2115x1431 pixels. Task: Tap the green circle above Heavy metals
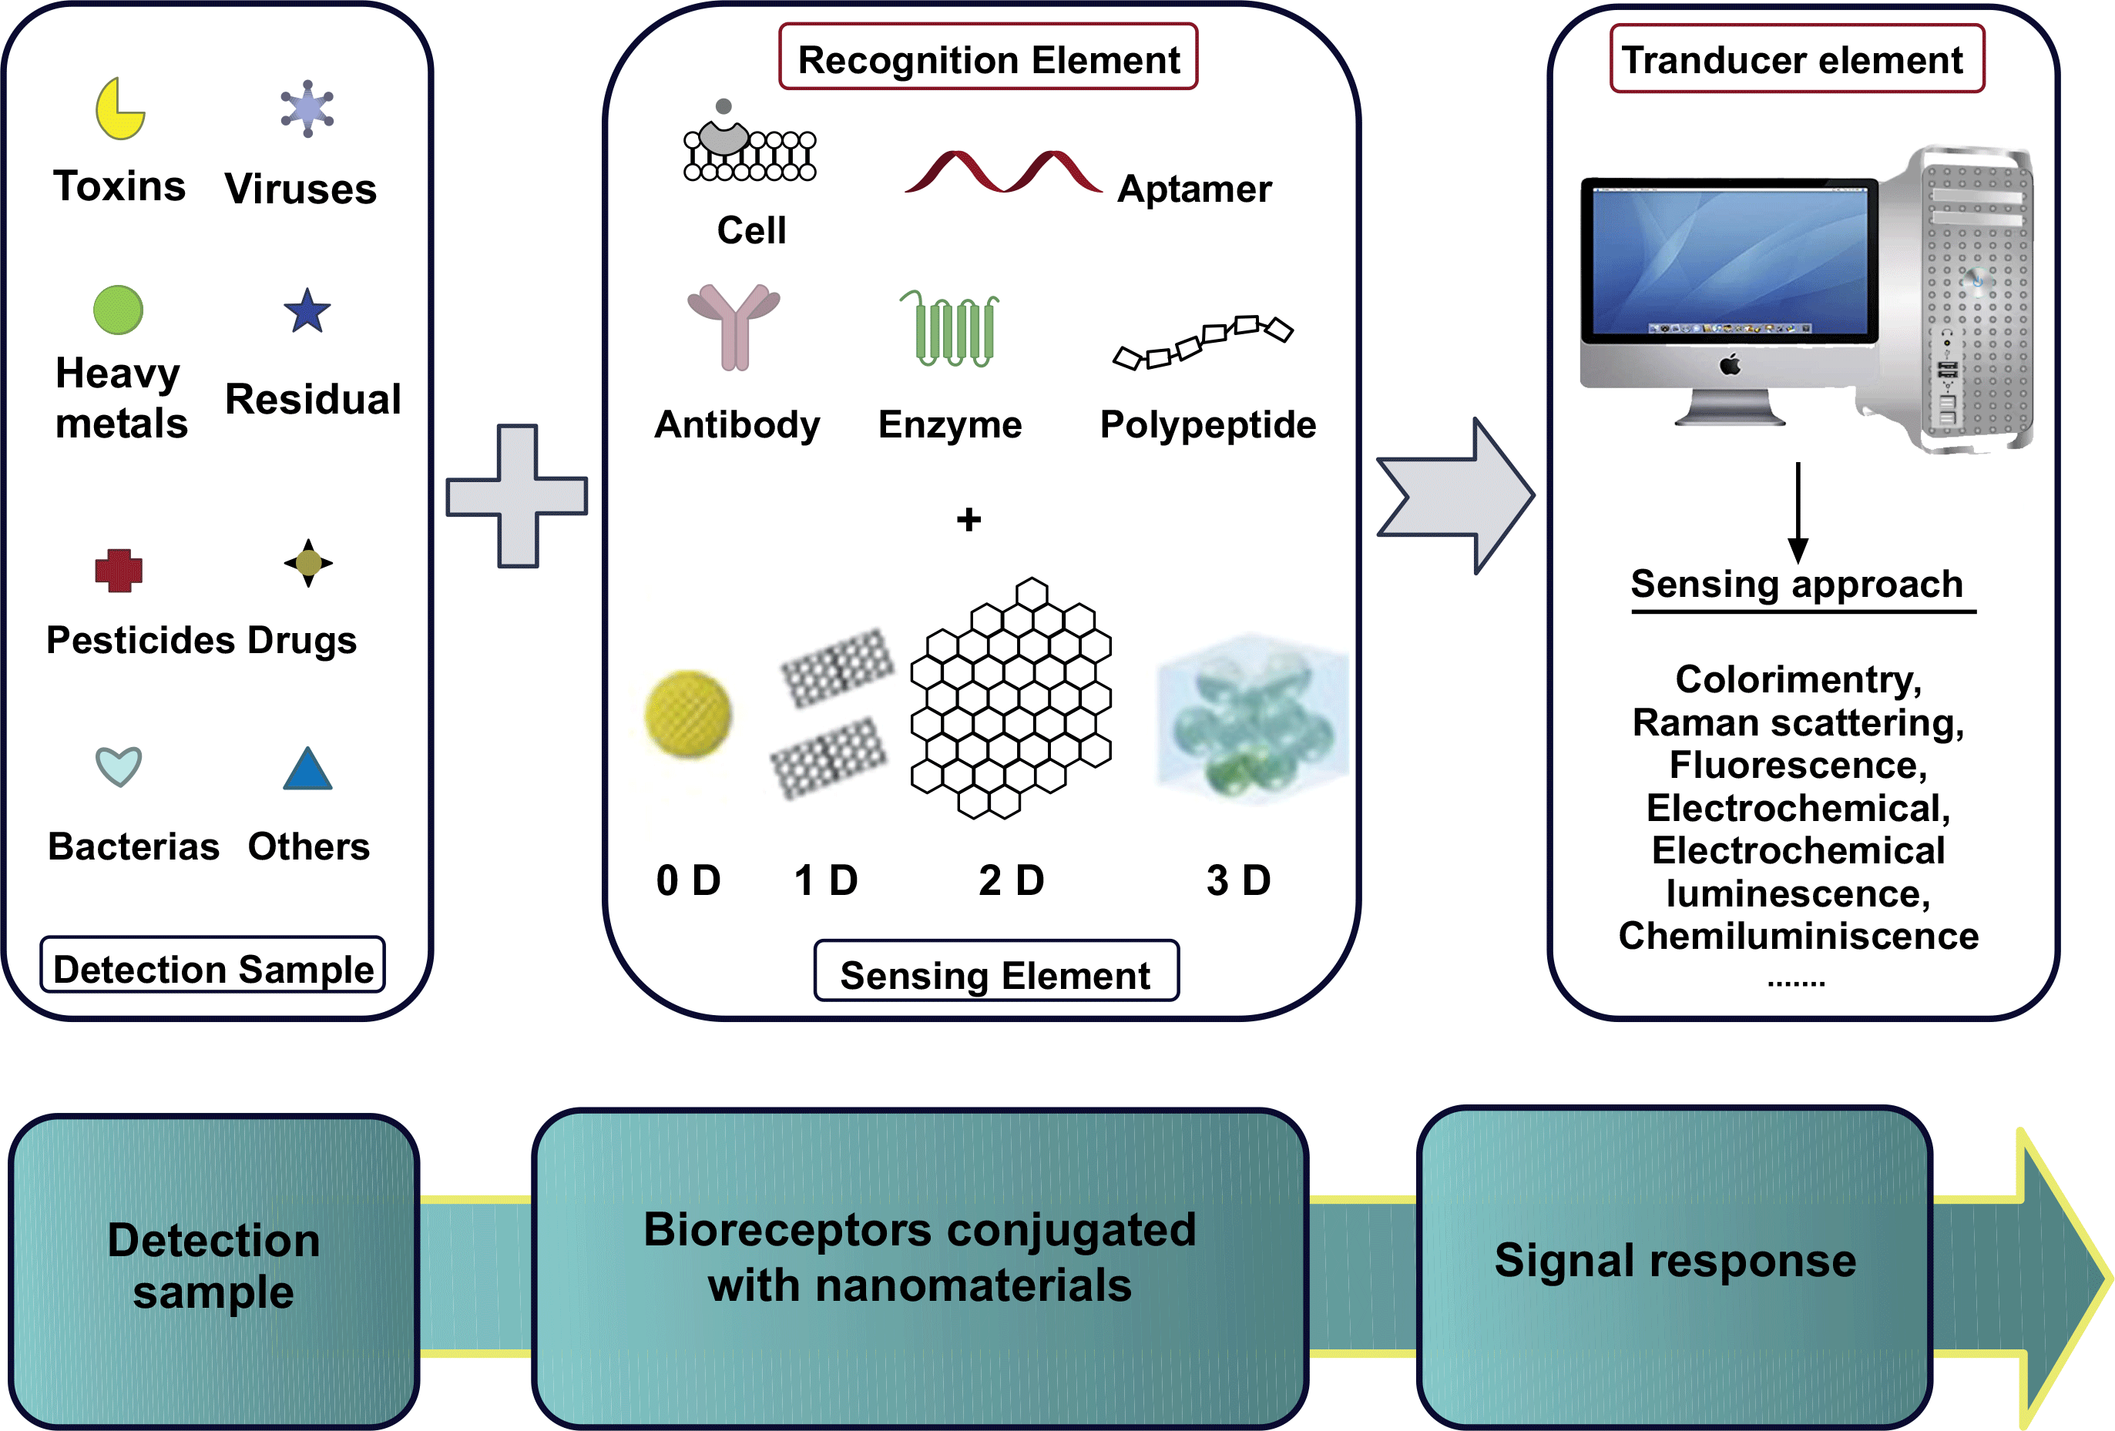tap(119, 310)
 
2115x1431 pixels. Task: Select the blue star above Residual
tap(307, 312)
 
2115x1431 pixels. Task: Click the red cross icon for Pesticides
tap(119, 571)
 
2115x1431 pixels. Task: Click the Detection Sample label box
tap(213, 966)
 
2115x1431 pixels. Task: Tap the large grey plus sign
tap(517, 496)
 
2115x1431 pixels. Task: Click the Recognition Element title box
tap(989, 57)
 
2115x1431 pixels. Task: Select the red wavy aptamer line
tap(1003, 172)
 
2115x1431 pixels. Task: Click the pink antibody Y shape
tap(734, 326)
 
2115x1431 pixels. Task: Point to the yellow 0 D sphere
tap(688, 715)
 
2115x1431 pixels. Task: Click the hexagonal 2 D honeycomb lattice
tap(1010, 699)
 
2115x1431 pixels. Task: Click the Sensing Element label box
tap(995, 973)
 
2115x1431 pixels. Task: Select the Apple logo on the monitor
tap(1730, 366)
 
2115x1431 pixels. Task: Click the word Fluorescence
tap(1798, 765)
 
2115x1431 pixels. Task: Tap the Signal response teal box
tap(1674, 1265)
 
